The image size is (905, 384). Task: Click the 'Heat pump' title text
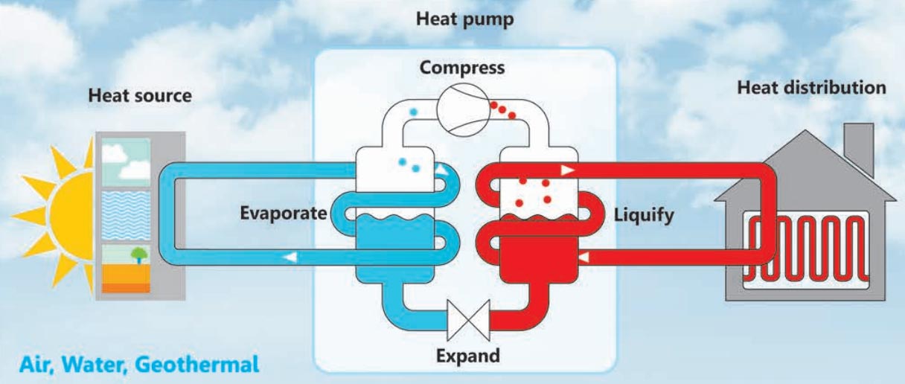click(464, 20)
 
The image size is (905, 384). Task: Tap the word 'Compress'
click(461, 68)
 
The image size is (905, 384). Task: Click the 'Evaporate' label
click(283, 214)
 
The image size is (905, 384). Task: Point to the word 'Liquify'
click(645, 216)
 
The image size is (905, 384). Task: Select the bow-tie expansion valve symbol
click(467, 318)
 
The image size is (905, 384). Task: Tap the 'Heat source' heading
click(139, 96)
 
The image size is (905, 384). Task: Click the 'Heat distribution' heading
click(811, 88)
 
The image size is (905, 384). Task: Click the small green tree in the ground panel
click(139, 255)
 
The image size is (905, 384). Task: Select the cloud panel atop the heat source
click(124, 161)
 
